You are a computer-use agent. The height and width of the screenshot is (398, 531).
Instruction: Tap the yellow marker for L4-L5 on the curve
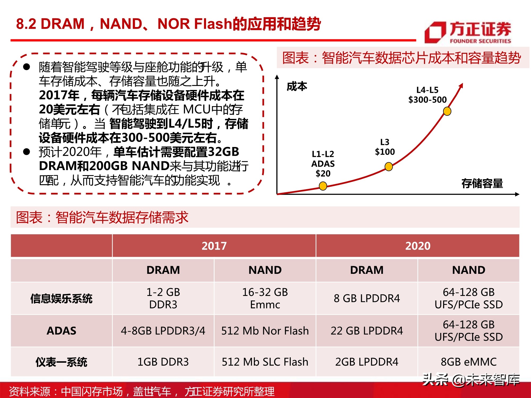(447, 111)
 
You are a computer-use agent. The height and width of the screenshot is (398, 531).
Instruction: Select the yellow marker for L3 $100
(389, 167)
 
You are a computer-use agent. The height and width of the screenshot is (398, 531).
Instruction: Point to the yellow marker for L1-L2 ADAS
(323, 186)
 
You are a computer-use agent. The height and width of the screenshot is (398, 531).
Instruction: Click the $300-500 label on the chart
(427, 100)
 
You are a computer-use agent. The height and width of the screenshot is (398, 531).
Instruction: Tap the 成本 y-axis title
(297, 86)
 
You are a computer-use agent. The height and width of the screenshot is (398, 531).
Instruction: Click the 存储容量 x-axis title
(482, 183)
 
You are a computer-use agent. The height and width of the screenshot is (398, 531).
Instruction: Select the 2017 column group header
(214, 246)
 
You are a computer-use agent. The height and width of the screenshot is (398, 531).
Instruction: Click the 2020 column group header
(418, 246)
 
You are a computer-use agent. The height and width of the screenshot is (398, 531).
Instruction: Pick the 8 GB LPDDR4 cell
(367, 298)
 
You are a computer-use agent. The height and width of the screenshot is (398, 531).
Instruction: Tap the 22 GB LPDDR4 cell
(367, 331)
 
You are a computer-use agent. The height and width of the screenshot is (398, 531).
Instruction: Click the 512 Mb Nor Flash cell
(265, 331)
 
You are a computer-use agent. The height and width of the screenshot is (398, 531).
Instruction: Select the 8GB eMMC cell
(469, 362)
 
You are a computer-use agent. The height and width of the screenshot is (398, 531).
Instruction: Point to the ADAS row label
(61, 331)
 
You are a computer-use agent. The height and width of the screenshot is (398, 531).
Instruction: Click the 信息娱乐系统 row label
(61, 298)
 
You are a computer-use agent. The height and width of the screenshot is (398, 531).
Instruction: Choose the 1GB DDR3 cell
(163, 362)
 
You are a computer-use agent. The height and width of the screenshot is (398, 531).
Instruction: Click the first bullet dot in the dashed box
(27, 67)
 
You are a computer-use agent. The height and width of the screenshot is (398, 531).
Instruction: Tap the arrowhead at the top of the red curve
(461, 85)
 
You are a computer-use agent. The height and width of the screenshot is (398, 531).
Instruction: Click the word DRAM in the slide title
(63, 24)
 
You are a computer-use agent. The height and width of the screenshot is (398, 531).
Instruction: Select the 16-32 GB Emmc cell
(265, 298)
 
